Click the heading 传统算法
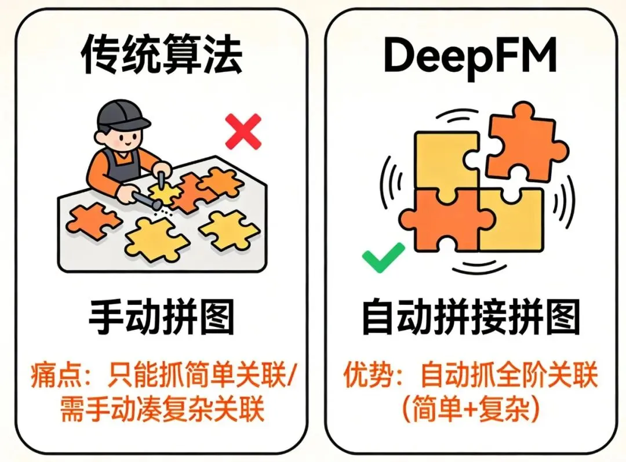pyautogui.click(x=162, y=56)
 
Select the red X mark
pyautogui.click(x=243, y=132)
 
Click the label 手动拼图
pyautogui.click(x=161, y=317)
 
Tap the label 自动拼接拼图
pyautogui.click(x=470, y=317)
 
